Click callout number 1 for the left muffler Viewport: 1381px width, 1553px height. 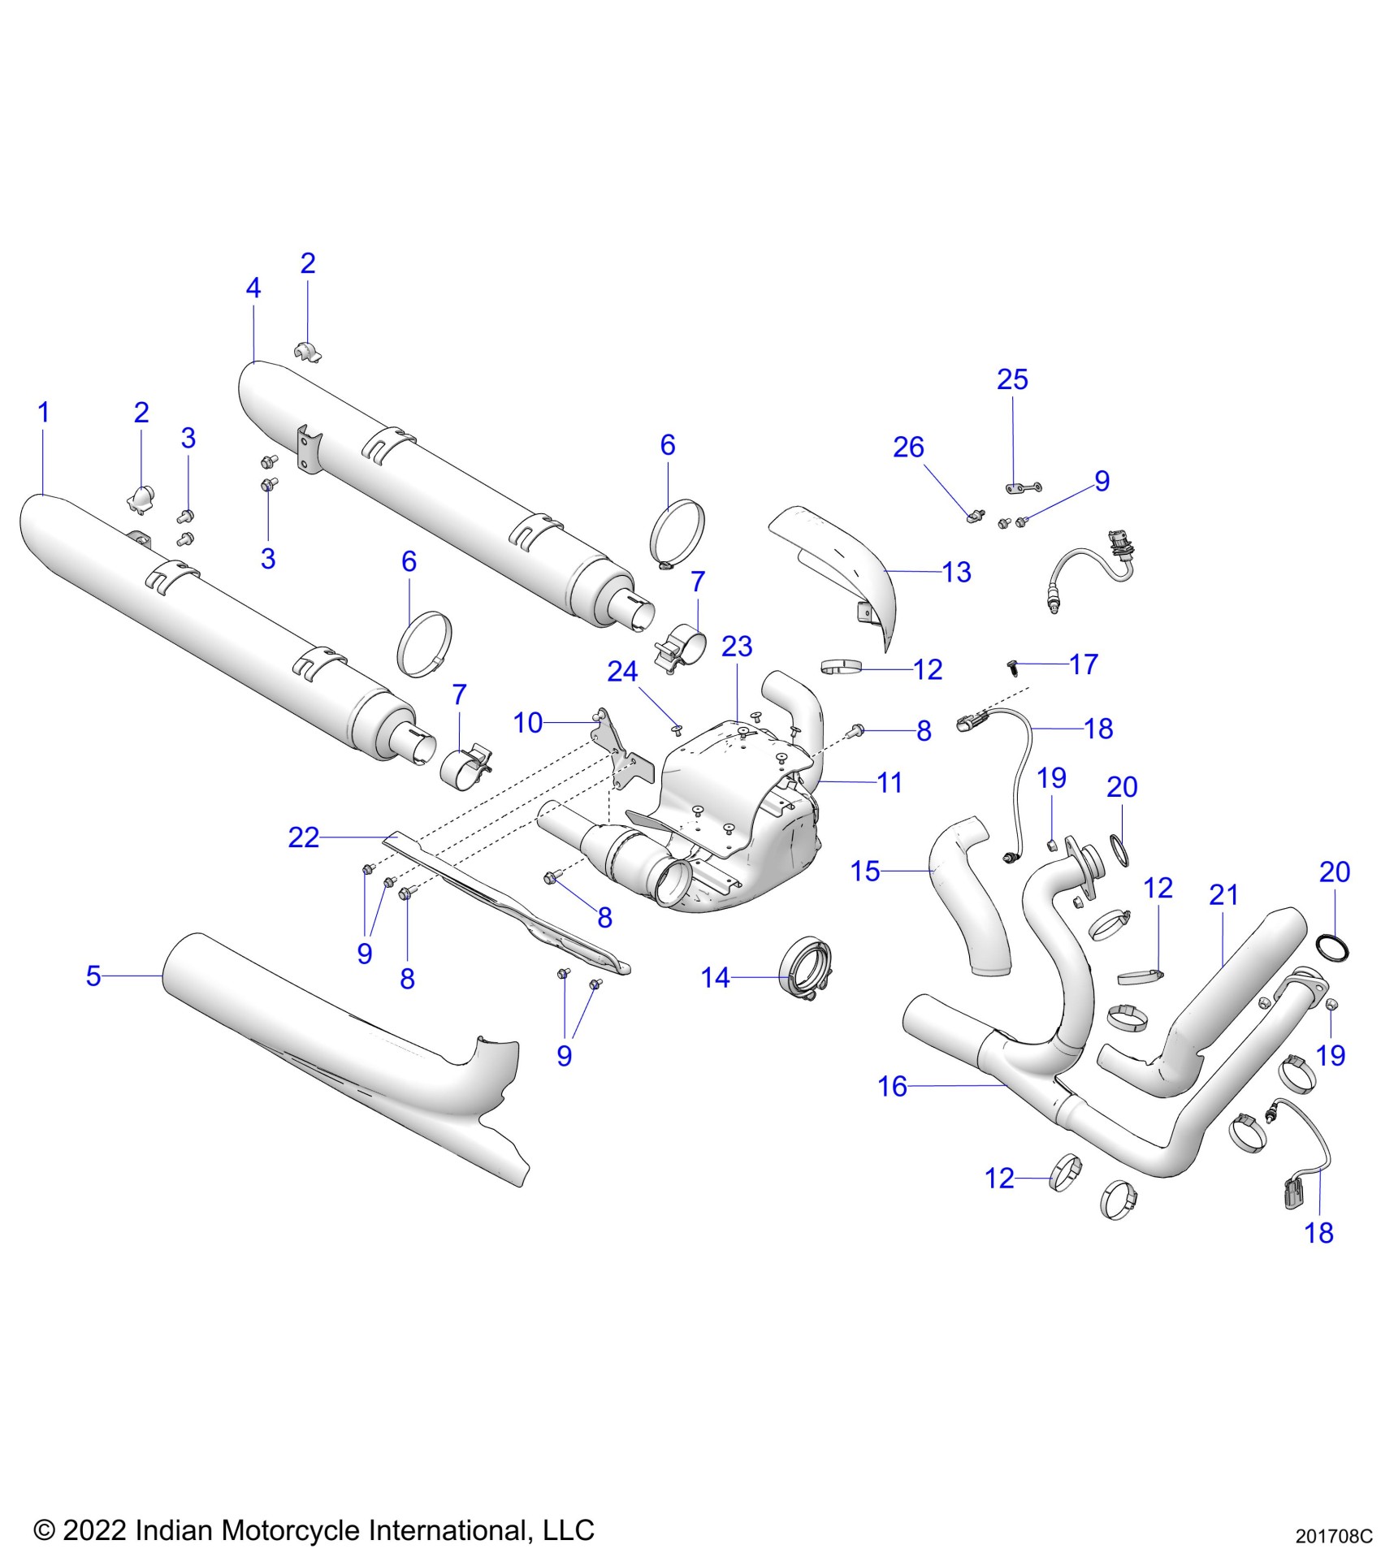coord(44,413)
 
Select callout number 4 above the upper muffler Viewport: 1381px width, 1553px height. coord(253,288)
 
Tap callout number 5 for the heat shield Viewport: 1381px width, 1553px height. coord(93,975)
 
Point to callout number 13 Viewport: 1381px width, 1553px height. coord(957,573)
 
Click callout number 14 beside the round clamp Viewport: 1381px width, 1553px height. coord(716,978)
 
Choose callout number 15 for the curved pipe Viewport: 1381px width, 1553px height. coord(865,872)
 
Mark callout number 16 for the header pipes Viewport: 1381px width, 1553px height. coord(892,1086)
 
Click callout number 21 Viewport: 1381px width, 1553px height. coord(1223,895)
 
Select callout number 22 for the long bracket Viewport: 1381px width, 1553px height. coord(304,837)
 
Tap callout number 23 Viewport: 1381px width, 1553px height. coord(737,647)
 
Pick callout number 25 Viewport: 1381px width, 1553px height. coord(1012,379)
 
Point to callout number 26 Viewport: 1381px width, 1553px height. coord(908,448)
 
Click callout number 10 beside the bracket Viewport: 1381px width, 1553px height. coord(528,723)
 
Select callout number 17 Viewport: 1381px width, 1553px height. coord(1084,664)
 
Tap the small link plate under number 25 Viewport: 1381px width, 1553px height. coord(1023,489)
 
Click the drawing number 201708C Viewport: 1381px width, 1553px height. coord(1333,1537)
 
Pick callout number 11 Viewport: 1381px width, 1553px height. coord(890,783)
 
